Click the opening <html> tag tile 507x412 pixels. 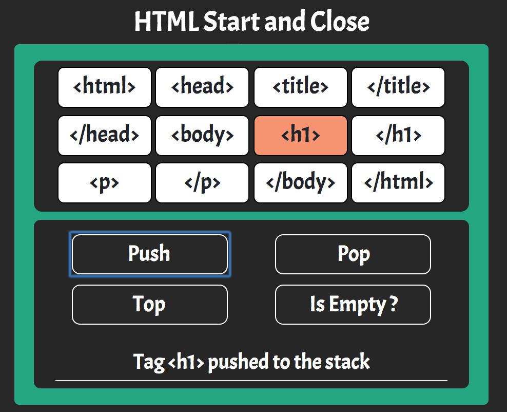tap(105, 87)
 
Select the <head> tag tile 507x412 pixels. tap(202, 87)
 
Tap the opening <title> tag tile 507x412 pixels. tap(301, 87)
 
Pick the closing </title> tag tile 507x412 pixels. tap(398, 87)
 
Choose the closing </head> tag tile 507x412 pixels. tap(105, 136)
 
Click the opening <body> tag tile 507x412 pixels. tap(202, 136)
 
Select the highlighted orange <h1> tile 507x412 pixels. tap(301, 136)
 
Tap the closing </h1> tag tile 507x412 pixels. tap(398, 136)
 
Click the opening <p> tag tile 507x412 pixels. tap(105, 183)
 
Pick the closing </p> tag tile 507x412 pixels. tap(202, 183)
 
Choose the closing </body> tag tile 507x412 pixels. tap(301, 183)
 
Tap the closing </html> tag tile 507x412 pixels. tap(398, 183)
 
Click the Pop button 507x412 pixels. tap(353, 254)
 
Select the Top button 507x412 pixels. tap(150, 305)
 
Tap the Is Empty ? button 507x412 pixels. tap(353, 305)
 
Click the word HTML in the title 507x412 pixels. tap(167, 22)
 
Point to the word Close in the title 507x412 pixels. tap(340, 21)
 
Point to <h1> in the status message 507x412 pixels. tap(186, 362)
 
